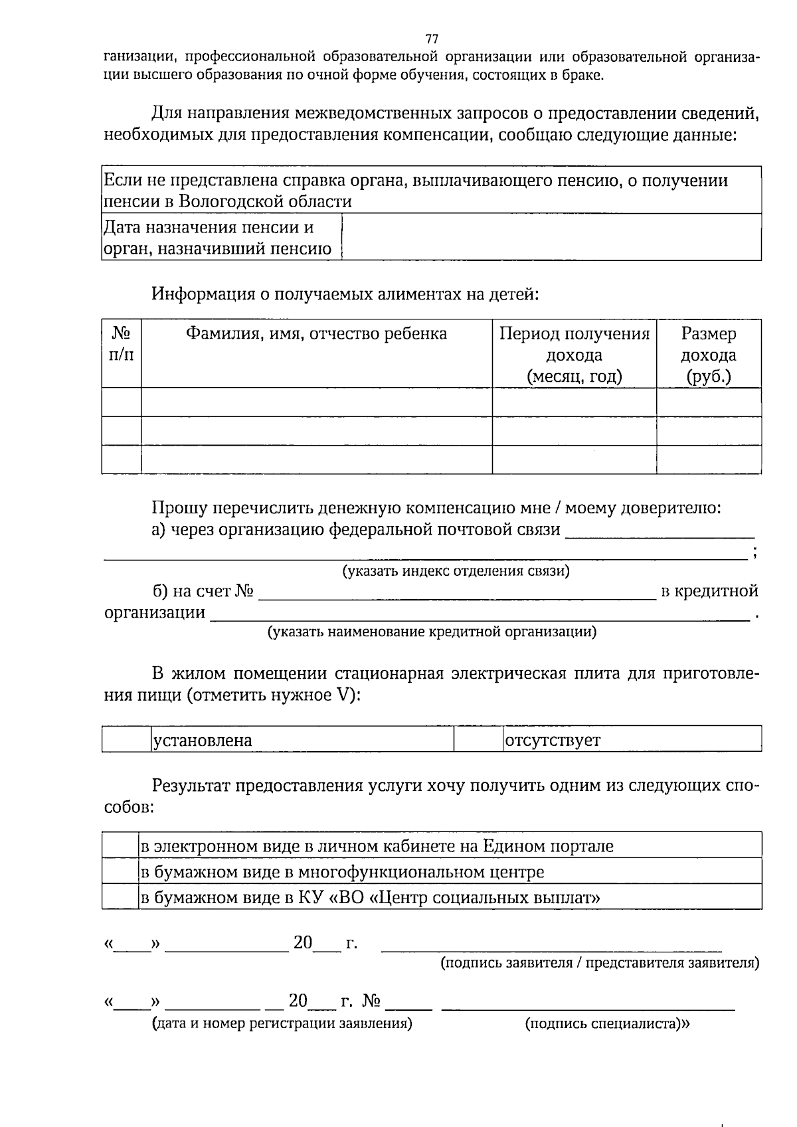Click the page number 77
432,38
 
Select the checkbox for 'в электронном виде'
120,845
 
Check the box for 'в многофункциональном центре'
120,871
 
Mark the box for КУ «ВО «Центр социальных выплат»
120,897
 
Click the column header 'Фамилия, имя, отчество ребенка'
316,333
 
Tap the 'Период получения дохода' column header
574,355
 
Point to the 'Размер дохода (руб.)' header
708,355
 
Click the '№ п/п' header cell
121,344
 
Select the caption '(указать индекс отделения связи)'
456,571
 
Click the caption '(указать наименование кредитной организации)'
432,632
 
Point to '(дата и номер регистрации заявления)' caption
282,1023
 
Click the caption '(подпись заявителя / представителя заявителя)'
600,962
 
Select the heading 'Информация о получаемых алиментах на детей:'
345,294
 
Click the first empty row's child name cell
316,402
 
